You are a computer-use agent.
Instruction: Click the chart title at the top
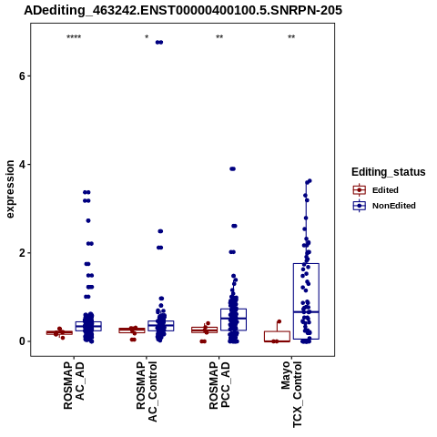click(x=183, y=10)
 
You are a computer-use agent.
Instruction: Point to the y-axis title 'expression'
click(x=10, y=189)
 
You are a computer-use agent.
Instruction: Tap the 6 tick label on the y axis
click(x=22, y=76)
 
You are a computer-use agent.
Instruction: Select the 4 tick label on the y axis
click(x=22, y=165)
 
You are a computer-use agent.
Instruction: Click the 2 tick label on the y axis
click(x=22, y=253)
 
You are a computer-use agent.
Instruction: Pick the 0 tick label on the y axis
click(x=22, y=341)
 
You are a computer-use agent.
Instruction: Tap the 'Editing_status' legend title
click(x=389, y=172)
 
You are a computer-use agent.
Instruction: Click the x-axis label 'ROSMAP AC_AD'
click(x=74, y=385)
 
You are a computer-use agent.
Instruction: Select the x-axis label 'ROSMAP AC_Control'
click(x=147, y=391)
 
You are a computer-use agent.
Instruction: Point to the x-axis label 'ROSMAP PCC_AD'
click(x=219, y=385)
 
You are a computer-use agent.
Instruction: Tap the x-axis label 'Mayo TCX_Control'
click(x=291, y=394)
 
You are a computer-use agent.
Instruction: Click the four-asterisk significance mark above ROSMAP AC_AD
click(x=74, y=37)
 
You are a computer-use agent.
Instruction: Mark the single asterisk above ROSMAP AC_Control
click(x=147, y=37)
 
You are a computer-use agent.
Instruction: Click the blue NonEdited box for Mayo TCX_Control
click(x=306, y=264)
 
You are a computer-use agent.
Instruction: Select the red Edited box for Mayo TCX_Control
click(x=277, y=331)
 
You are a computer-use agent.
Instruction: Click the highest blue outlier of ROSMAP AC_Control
click(x=159, y=43)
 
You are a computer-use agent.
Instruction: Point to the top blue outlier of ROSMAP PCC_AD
click(x=232, y=169)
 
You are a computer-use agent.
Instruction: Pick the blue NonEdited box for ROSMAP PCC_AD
click(x=233, y=309)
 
